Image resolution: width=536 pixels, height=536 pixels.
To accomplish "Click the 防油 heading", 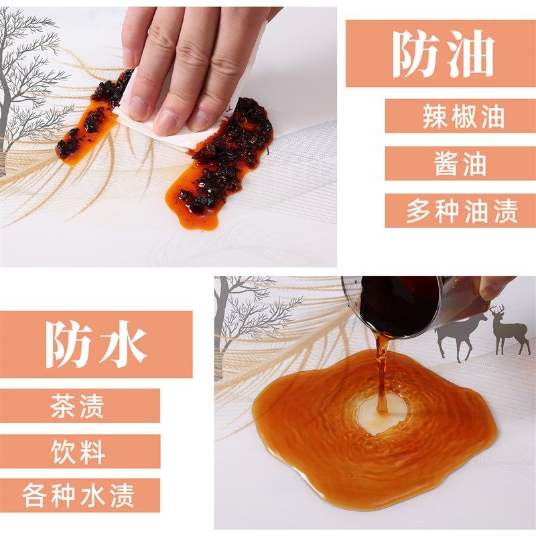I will pos(442,54).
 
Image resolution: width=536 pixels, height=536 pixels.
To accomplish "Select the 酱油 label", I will pos(462,163).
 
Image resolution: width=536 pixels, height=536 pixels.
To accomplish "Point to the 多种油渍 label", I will pos(462,211).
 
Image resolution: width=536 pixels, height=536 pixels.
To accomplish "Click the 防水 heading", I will pos(96,344).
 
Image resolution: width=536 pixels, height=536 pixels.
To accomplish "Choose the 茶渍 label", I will pos(78,405).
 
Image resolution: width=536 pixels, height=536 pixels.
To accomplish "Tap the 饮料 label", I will pos(78,451).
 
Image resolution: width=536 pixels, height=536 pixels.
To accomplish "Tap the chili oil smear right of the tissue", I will pos(224,161).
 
